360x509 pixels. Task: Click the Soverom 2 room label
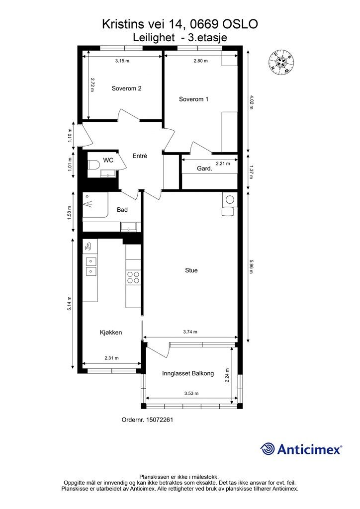tap(126, 88)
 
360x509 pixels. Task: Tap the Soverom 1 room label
tap(193, 99)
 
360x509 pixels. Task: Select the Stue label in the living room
tap(191, 270)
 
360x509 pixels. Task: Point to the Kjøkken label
tap(111, 333)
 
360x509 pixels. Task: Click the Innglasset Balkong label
tap(188, 373)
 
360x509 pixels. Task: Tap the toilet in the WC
tap(93, 164)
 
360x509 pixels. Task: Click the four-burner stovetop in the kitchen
tap(133, 277)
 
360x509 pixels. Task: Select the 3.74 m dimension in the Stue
tap(190, 332)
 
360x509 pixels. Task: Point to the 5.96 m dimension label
tap(251, 266)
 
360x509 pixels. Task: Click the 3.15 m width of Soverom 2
tap(122, 61)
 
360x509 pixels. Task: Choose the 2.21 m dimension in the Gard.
tap(223, 164)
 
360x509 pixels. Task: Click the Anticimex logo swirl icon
tap(268, 449)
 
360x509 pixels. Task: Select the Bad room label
tap(122, 210)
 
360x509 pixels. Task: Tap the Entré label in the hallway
tap(140, 156)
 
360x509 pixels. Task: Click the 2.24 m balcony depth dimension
tap(227, 375)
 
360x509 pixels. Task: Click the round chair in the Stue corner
tap(230, 200)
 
